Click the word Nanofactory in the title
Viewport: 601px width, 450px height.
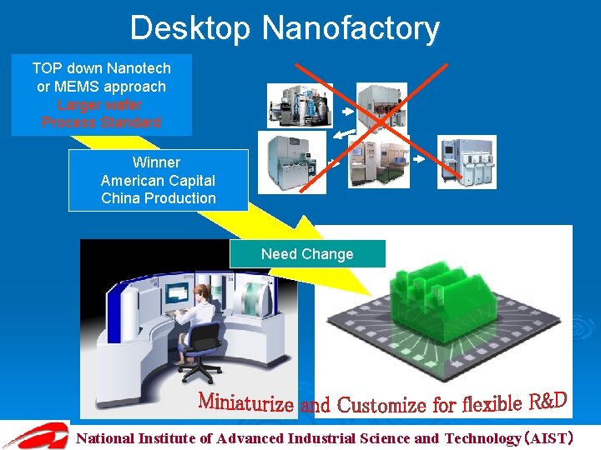351,28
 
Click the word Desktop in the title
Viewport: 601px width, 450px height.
190,28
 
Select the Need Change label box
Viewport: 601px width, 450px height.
307,254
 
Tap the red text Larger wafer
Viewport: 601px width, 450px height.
100,105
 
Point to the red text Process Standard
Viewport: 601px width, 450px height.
101,122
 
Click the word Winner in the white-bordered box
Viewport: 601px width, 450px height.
156,162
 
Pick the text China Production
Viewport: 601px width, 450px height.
158,198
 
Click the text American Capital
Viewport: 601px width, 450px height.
158,180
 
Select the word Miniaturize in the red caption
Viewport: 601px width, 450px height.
245,403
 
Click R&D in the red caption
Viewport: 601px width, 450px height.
548,402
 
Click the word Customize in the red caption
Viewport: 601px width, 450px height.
381,406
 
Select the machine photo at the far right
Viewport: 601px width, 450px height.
468,162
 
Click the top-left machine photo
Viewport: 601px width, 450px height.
300,105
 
